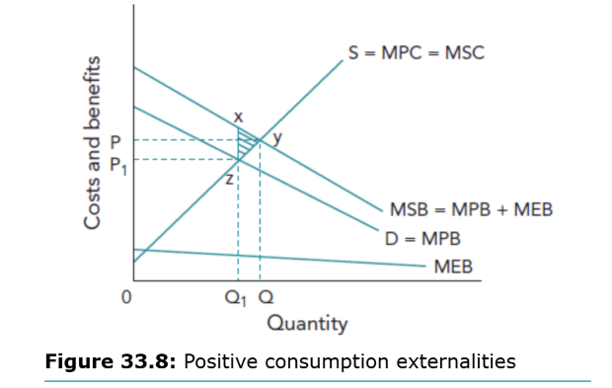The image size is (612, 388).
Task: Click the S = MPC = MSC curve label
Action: [x=416, y=52]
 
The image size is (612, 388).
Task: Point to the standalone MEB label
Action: [x=453, y=267]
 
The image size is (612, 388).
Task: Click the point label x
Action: [x=238, y=116]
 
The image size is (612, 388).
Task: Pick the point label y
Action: [x=276, y=139]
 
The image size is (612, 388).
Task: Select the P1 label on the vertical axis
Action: [x=116, y=161]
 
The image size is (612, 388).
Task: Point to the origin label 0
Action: [x=125, y=295]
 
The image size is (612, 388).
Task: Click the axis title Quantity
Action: [x=307, y=323]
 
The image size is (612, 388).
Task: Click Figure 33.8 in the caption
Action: [x=111, y=361]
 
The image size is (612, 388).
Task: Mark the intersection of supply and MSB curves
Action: [x=260, y=139]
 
